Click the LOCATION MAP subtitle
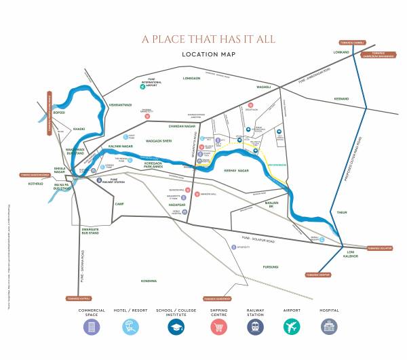coord(208,54)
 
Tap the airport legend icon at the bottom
coord(291,326)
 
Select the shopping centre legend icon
coord(218,326)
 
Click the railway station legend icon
coord(255,326)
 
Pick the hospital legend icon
coord(328,326)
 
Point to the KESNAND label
coord(341,99)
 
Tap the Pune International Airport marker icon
coord(142,87)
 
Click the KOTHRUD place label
coord(35,183)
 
